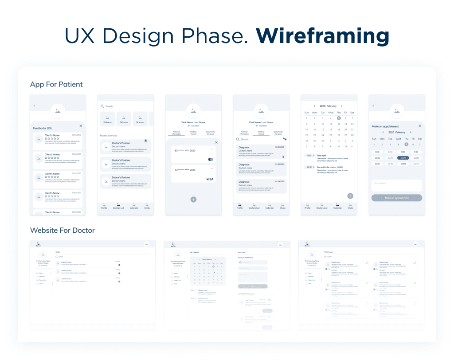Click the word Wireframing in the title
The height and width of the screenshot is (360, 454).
point(322,36)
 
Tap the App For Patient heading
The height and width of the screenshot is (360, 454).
point(56,84)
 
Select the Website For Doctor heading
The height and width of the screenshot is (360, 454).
point(63,230)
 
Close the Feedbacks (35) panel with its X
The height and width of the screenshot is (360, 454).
point(81,126)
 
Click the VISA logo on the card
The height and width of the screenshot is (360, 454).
point(210,179)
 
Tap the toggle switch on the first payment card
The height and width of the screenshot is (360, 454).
point(211,159)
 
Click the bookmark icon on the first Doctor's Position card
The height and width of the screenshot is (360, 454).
point(145,141)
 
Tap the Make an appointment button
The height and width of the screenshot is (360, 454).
point(397,198)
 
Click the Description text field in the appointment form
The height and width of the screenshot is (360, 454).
point(397,185)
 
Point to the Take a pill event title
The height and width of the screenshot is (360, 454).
point(322,156)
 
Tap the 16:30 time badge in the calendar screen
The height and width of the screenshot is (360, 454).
point(309,167)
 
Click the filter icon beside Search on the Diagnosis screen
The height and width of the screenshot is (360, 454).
point(285,139)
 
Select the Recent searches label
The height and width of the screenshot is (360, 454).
point(109,135)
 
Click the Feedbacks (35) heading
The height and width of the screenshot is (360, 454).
point(43,128)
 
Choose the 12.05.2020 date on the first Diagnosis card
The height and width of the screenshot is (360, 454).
point(279,147)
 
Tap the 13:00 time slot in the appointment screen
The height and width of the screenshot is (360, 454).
point(403,164)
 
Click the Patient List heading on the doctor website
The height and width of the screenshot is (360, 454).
point(329,252)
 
